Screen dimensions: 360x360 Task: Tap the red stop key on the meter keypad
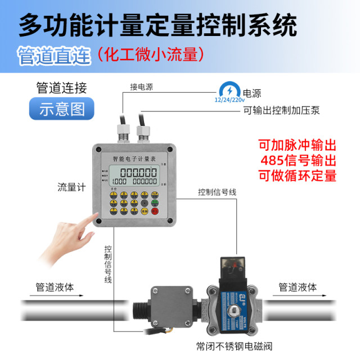(x=156, y=211)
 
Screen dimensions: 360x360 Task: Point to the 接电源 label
(x=142, y=87)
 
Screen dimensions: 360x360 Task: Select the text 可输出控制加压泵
(x=281, y=110)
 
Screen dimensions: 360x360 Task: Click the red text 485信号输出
(x=298, y=160)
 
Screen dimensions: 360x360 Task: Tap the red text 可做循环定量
(x=298, y=175)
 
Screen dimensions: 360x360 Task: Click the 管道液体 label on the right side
(x=298, y=287)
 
